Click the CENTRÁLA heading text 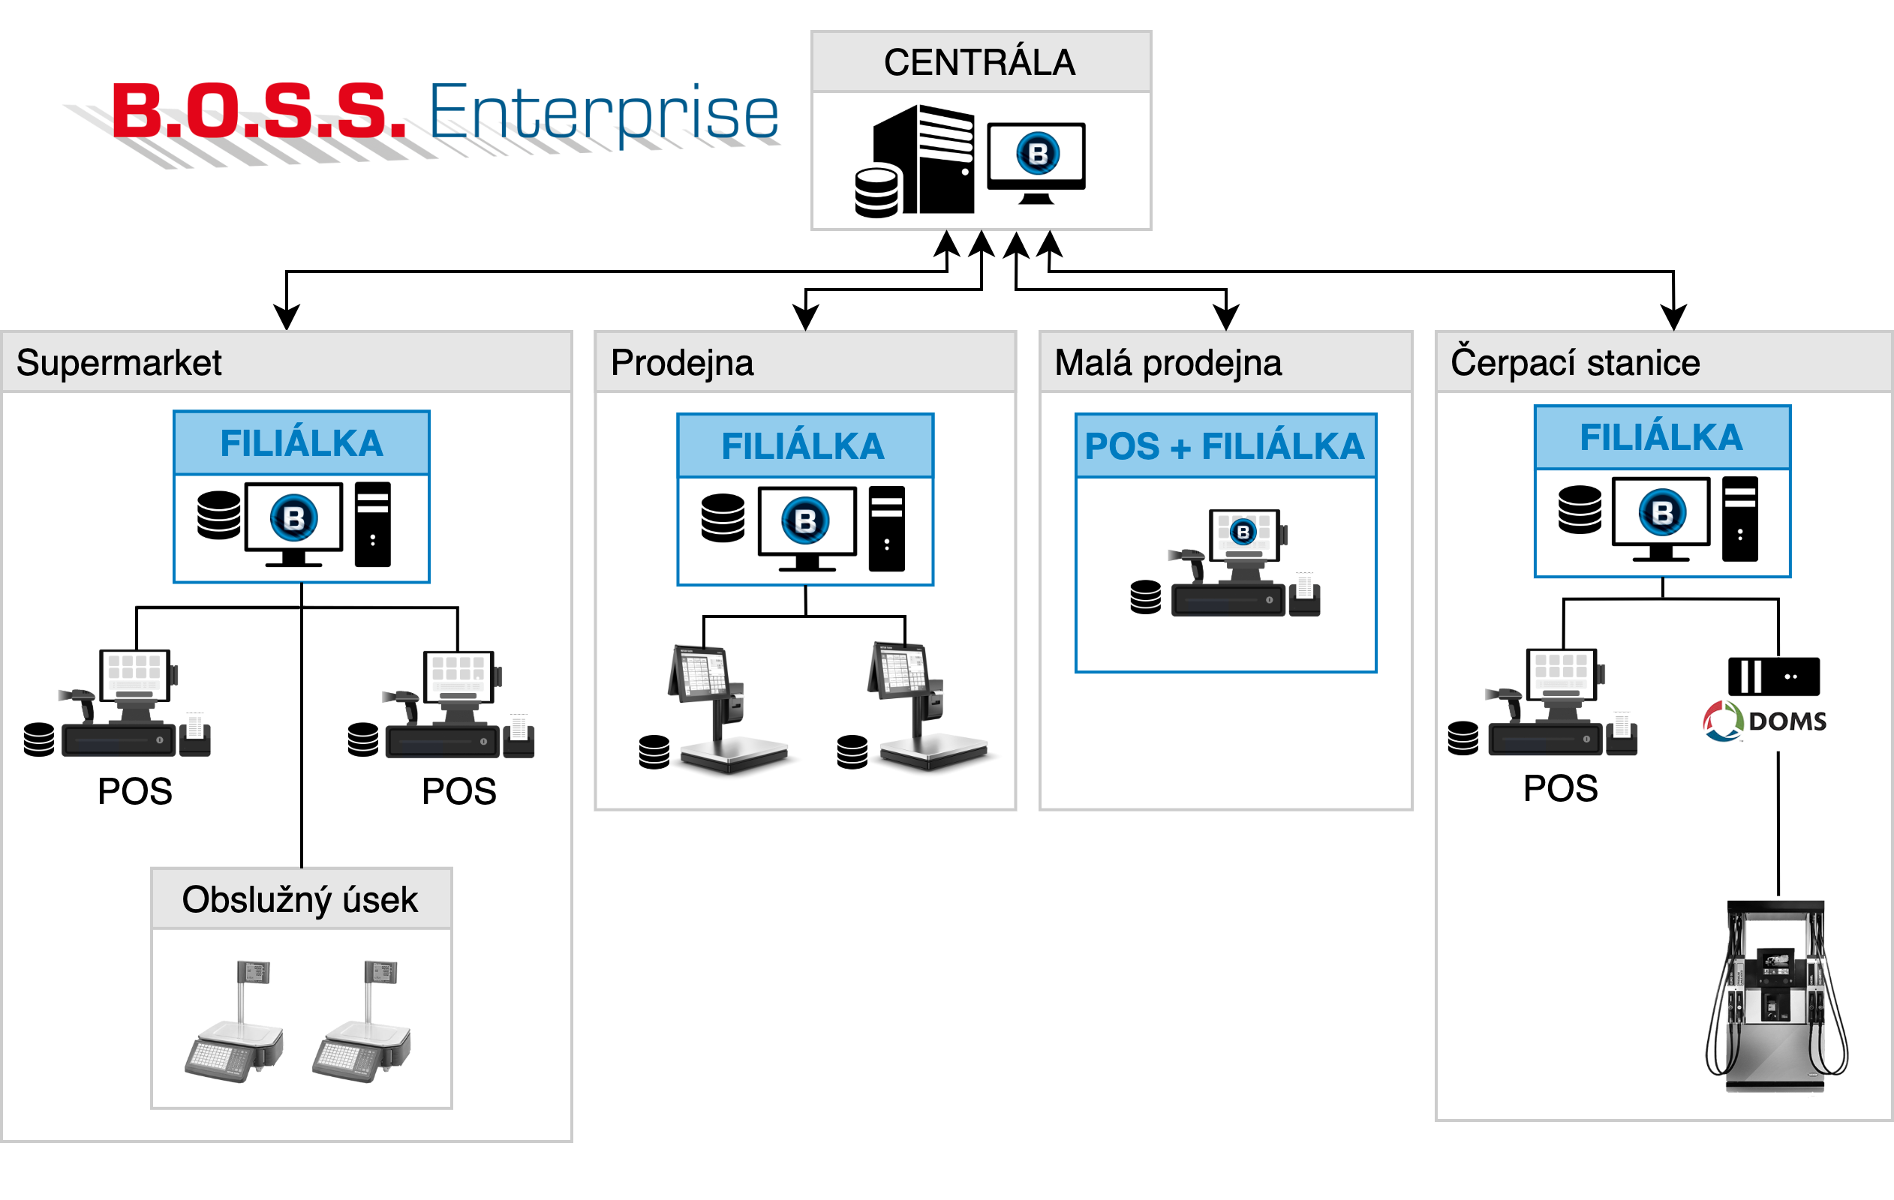coord(979,63)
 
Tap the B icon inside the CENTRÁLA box coord(1038,153)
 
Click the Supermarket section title coord(119,363)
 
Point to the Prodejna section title coord(682,363)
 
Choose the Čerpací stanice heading coord(1574,363)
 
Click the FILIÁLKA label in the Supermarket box coord(301,443)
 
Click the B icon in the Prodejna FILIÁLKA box coord(804,520)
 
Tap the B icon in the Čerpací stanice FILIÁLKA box coord(1662,513)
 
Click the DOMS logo coord(1764,720)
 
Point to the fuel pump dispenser coord(1775,997)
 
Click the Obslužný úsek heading coord(299,899)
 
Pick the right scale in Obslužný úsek coord(362,1022)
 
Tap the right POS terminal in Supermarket coord(459,704)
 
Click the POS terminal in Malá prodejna coord(1244,563)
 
